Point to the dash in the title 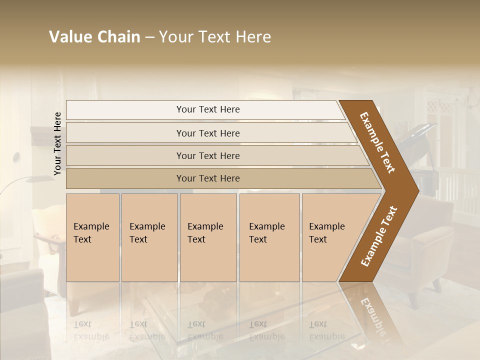(149, 37)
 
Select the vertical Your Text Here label (57, 143)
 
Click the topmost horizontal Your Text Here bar (207, 109)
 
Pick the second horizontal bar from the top (207, 133)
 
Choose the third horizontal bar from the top (207, 155)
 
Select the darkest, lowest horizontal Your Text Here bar (207, 178)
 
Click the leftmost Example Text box (92, 237)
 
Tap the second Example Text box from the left (149, 237)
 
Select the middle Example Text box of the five (208, 237)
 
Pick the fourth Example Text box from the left (269, 237)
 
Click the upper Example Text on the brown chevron (377, 142)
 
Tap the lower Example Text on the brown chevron (378, 236)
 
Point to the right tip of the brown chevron (417, 190)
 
